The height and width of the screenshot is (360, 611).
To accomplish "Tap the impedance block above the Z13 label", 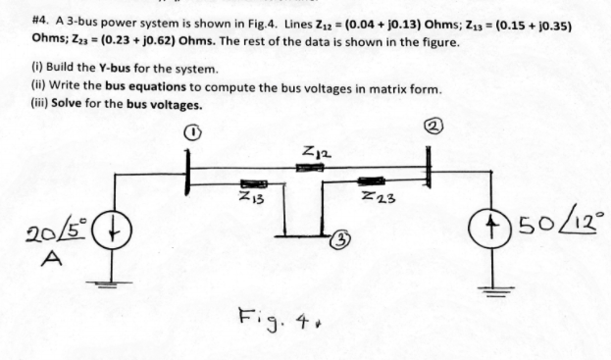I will pyautogui.click(x=254, y=182).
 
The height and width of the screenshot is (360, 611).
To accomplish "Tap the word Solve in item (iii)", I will pyautogui.click(x=52, y=104).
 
